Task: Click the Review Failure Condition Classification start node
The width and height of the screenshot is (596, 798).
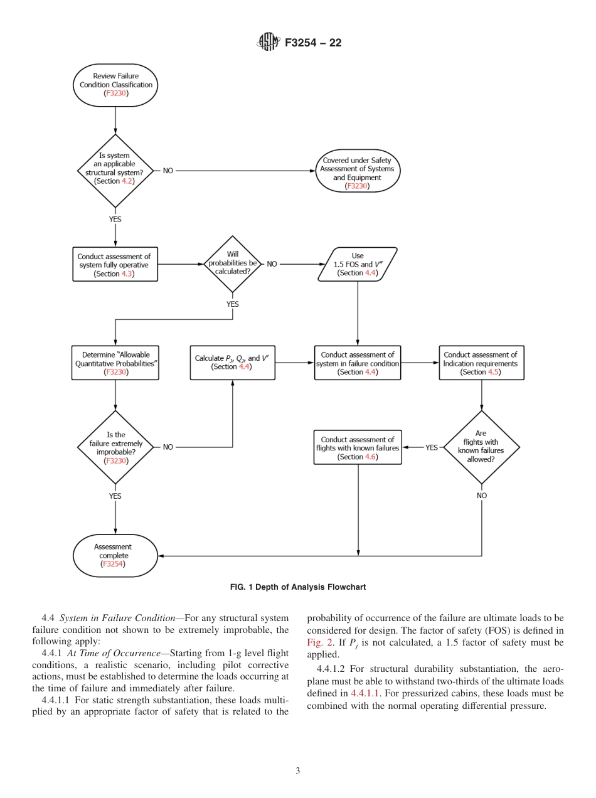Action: [115, 85]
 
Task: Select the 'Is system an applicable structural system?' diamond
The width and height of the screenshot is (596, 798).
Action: [115, 171]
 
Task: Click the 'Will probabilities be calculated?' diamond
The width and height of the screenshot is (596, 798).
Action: [233, 264]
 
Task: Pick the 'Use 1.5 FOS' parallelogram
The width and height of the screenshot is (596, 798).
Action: [358, 264]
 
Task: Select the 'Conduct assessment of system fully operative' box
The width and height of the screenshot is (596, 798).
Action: [115, 264]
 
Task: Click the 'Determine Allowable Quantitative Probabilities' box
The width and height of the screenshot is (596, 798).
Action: [115, 363]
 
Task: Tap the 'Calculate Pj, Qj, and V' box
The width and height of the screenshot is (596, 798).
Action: [233, 363]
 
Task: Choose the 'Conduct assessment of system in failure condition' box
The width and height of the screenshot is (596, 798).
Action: [358, 363]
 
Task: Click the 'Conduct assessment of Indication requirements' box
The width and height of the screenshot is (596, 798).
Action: [481, 363]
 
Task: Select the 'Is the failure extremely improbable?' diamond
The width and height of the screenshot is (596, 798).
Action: [115, 447]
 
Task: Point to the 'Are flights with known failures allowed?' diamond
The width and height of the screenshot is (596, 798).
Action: [481, 447]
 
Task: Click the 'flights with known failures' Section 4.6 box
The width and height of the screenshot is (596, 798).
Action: [358, 447]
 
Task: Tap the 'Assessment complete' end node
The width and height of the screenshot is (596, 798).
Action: [115, 555]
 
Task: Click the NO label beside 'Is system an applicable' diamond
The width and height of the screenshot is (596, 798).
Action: [168, 171]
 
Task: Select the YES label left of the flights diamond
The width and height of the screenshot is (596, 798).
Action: [432, 447]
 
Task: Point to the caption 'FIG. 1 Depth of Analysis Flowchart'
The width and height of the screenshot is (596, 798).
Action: [298, 587]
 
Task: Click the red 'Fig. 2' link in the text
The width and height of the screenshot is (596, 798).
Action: [319, 642]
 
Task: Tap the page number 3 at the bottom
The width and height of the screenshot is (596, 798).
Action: [298, 770]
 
